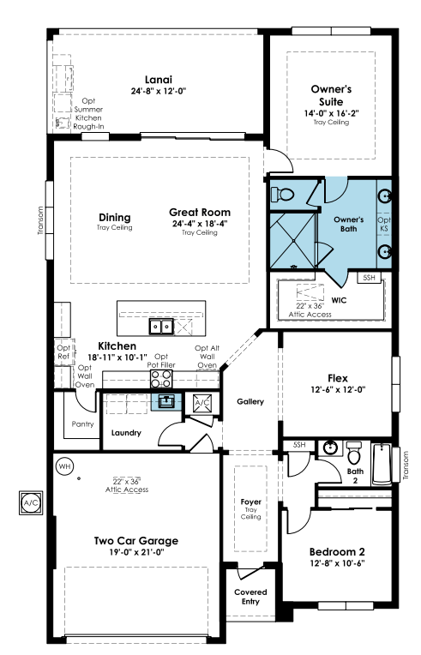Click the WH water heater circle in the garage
pyautogui.click(x=65, y=466)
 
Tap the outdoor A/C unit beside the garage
pyautogui.click(x=31, y=502)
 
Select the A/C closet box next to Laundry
pyautogui.click(x=202, y=403)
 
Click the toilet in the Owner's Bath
pyautogui.click(x=283, y=195)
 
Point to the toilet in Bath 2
pyautogui.click(x=354, y=453)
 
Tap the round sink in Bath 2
pyautogui.click(x=330, y=448)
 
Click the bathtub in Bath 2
pyautogui.click(x=382, y=464)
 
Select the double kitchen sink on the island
pyautogui.click(x=161, y=327)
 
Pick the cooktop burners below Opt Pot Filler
pyautogui.click(x=161, y=379)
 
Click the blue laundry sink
pyautogui.click(x=166, y=401)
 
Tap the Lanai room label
pyautogui.click(x=159, y=80)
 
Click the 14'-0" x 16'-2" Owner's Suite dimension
pyautogui.click(x=332, y=113)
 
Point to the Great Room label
pyautogui.click(x=200, y=213)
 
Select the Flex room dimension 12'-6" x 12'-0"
pyautogui.click(x=338, y=389)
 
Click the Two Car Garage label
pyautogui.click(x=136, y=541)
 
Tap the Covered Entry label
pyautogui.click(x=250, y=597)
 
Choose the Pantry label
pyautogui.click(x=82, y=424)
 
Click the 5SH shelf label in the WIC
pyautogui.click(x=370, y=278)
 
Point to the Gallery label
pyautogui.click(x=250, y=401)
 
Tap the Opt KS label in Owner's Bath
pyautogui.click(x=384, y=224)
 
